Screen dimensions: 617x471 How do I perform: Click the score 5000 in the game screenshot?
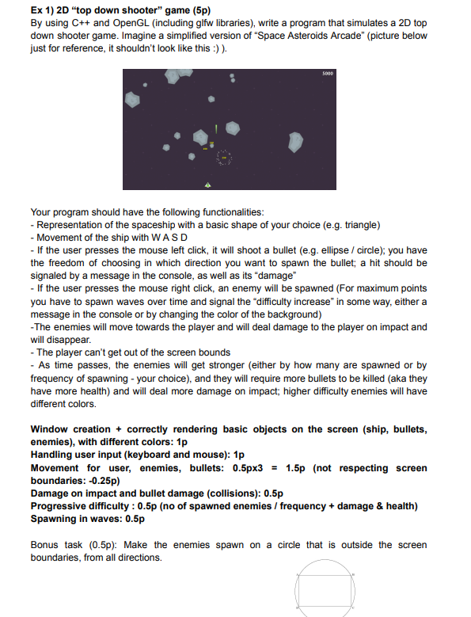click(x=328, y=73)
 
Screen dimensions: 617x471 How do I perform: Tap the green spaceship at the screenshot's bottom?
click(x=207, y=184)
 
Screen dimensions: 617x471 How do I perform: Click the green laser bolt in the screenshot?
click(x=215, y=128)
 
